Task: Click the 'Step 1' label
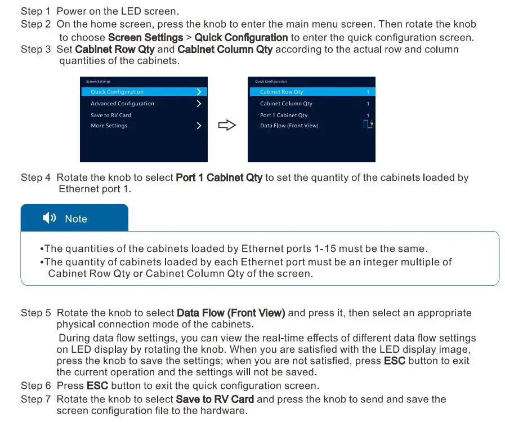pos(35,11)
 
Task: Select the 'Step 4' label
pos(35,177)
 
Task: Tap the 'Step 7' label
pos(35,399)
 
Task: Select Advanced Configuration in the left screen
pos(122,104)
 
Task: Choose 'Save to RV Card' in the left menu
pos(111,115)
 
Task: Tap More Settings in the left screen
pos(109,126)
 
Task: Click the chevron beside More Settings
pos(199,126)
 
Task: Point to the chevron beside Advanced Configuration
pos(199,104)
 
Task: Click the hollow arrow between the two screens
pos(226,125)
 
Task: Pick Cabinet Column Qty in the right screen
pos(286,104)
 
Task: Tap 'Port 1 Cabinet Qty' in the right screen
pos(284,115)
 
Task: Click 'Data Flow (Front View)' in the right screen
pos(289,126)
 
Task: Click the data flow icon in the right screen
pos(368,124)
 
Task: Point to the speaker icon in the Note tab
pos(50,218)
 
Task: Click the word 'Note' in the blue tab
pos(76,219)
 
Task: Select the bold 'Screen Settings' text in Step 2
pos(145,38)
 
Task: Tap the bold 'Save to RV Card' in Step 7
pos(214,399)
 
